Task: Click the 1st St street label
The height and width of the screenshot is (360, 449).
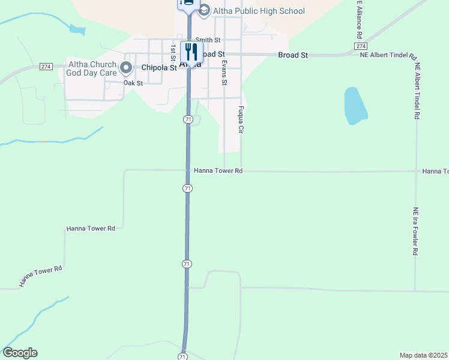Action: pyautogui.click(x=173, y=52)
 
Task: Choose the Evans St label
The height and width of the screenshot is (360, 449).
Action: pyautogui.click(x=224, y=71)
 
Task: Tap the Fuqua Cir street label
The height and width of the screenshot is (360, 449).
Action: pyautogui.click(x=241, y=119)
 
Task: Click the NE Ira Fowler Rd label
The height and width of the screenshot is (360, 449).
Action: pyautogui.click(x=415, y=232)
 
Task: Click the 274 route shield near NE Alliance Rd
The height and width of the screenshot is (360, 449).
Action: pyautogui.click(x=360, y=46)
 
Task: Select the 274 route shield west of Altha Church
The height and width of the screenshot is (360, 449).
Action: pyautogui.click(x=46, y=66)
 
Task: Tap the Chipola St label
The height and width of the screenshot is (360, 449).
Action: pyautogui.click(x=159, y=68)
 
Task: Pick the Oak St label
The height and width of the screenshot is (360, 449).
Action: pyautogui.click(x=133, y=83)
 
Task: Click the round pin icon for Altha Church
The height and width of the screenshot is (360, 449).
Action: pyautogui.click(x=126, y=68)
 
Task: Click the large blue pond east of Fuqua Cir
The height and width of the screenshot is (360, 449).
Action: pyautogui.click(x=355, y=106)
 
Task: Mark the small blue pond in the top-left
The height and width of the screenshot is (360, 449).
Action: pyautogui.click(x=77, y=28)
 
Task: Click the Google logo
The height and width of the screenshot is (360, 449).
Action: pyautogui.click(x=20, y=353)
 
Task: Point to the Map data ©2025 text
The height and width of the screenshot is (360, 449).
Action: pyautogui.click(x=423, y=355)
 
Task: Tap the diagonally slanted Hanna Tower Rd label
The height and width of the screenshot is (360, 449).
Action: pyautogui.click(x=40, y=277)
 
